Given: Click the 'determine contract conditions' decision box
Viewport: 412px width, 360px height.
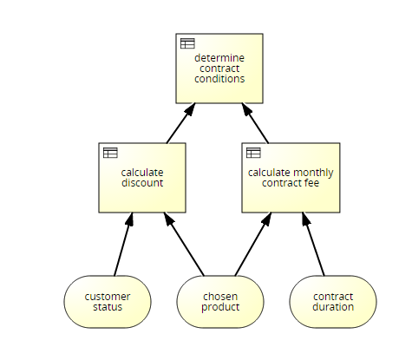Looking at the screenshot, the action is (x=219, y=69).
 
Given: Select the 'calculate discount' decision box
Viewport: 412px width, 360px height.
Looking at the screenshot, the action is (x=142, y=178).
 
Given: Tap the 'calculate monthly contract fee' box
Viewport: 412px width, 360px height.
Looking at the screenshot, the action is (x=291, y=178).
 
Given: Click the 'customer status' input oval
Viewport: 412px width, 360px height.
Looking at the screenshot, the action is (x=108, y=302).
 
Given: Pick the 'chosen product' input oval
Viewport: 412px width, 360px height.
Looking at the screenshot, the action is (x=220, y=302).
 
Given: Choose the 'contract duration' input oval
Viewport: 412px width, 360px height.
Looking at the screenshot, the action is (x=333, y=302).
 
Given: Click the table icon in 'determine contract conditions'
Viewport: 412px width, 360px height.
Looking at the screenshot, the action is (x=187, y=43).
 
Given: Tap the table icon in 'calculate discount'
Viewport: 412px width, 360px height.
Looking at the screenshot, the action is (x=110, y=153).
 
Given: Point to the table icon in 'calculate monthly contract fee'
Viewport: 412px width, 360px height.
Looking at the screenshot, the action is (x=253, y=153).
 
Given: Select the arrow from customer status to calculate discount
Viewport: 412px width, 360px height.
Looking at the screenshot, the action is (x=123, y=245).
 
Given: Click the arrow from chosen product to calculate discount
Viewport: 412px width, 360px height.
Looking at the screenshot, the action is (x=184, y=245).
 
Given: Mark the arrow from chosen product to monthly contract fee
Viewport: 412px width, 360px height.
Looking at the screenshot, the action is (x=253, y=245).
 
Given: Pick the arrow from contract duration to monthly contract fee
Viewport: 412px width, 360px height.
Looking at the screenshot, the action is (x=313, y=245).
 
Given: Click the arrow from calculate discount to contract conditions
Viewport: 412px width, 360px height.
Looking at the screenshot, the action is (x=181, y=123).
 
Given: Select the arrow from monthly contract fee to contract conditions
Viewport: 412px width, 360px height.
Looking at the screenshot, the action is (x=255, y=123).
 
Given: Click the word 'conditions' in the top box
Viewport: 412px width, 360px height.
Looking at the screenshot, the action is (x=219, y=79).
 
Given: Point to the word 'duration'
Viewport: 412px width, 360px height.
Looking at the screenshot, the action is (x=333, y=307).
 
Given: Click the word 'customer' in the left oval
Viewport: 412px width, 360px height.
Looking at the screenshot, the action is (x=108, y=297).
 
